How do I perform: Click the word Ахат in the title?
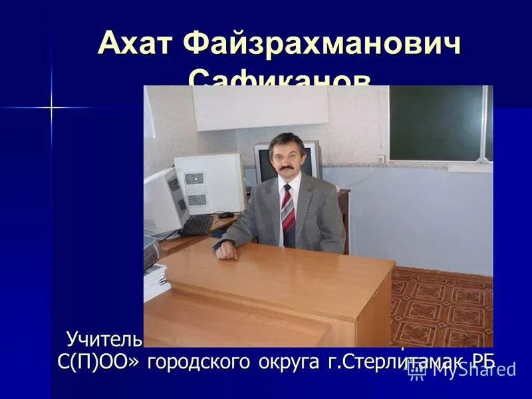pos(133,45)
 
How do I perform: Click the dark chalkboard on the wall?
pos(439,124)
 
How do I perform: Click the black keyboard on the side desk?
pos(197,225)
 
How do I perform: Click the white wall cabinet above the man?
pos(260,108)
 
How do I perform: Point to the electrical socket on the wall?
pos(381,160)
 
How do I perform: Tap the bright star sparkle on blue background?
pos(51,107)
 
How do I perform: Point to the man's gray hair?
pos(287,140)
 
